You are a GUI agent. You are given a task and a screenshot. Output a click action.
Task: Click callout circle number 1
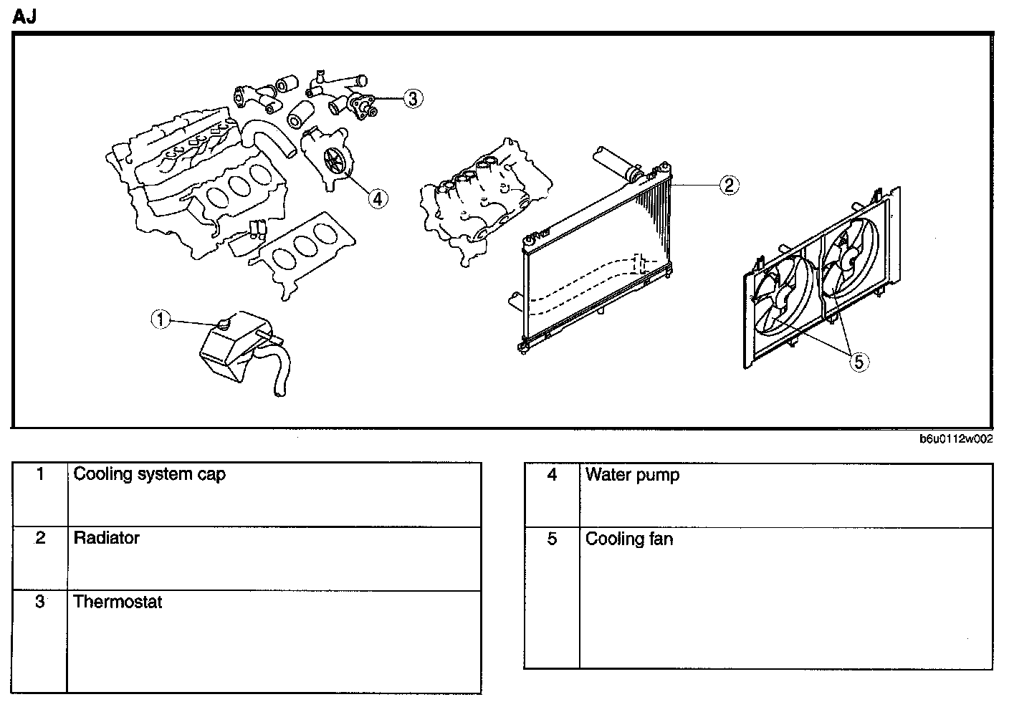click(x=161, y=319)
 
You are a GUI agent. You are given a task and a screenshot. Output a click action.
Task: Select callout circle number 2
click(x=728, y=186)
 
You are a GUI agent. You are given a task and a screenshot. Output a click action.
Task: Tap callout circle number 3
click(x=412, y=98)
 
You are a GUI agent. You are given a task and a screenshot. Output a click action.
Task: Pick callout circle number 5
click(x=859, y=362)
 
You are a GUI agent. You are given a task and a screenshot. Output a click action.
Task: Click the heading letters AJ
click(x=24, y=17)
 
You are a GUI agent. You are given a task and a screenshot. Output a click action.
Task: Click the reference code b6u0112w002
click(x=956, y=440)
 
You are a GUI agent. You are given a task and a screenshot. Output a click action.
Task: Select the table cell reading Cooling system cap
click(x=150, y=474)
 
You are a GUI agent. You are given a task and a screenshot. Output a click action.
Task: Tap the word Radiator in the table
click(x=107, y=538)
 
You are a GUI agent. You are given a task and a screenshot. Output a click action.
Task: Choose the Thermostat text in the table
click(x=118, y=602)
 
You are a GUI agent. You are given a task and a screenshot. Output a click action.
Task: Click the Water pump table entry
click(x=632, y=474)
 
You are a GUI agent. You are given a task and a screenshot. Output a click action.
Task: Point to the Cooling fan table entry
click(x=629, y=539)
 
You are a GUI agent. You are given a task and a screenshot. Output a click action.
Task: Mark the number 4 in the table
click(x=552, y=474)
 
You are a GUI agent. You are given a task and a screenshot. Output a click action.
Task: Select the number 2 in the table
click(x=40, y=538)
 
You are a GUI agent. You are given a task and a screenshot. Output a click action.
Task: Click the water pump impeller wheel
click(x=335, y=160)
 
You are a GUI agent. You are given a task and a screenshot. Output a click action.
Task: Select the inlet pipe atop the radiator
click(x=616, y=162)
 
